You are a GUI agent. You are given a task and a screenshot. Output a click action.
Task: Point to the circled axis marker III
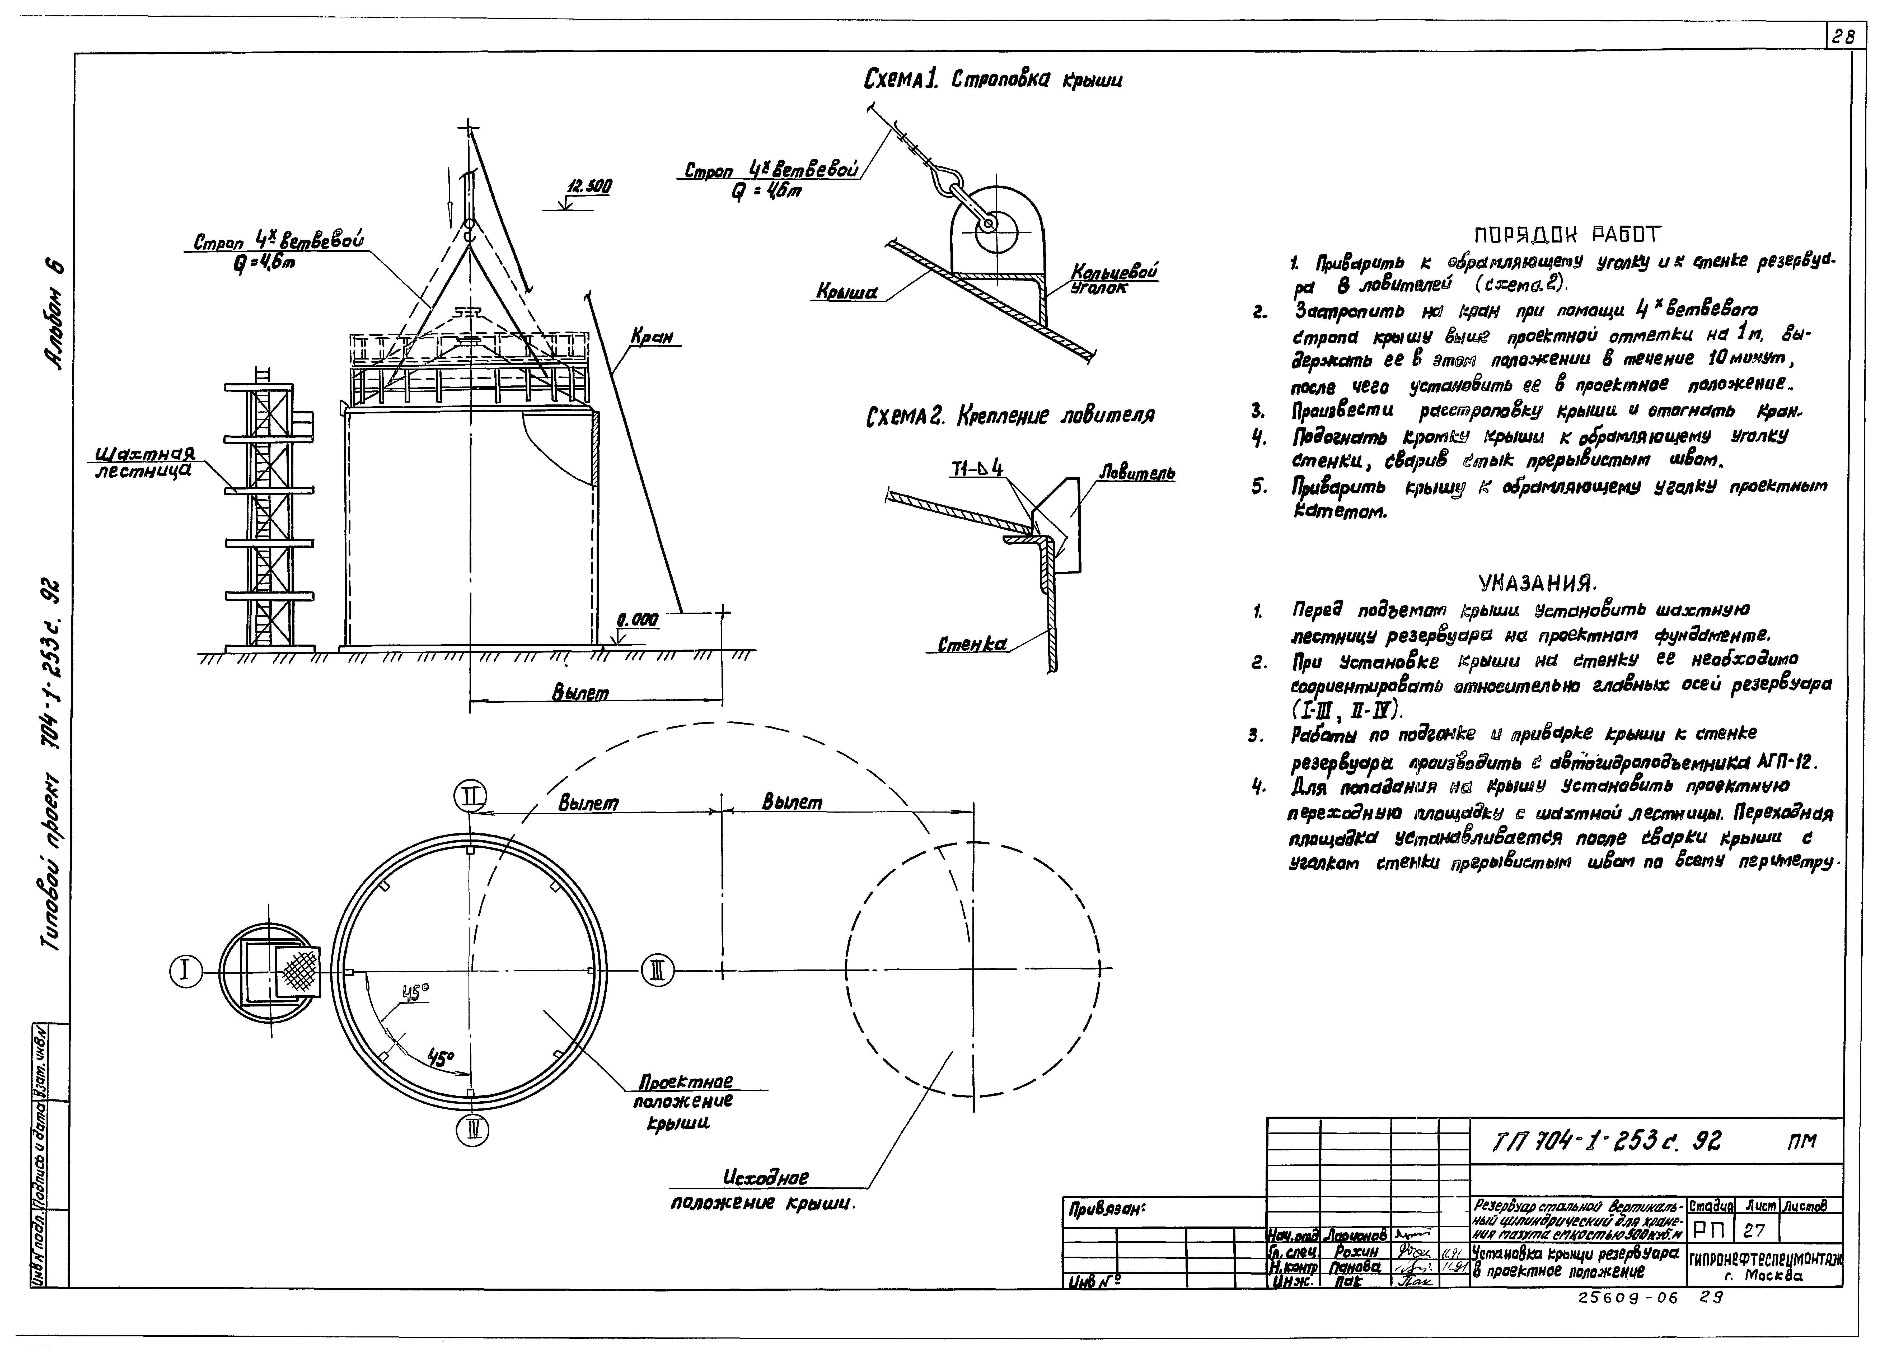click(x=657, y=970)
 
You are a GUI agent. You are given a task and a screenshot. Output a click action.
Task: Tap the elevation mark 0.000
click(x=637, y=620)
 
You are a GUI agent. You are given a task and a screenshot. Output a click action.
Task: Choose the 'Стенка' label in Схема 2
click(x=972, y=644)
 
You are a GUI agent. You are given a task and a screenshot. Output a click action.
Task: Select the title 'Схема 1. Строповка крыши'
click(x=992, y=81)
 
